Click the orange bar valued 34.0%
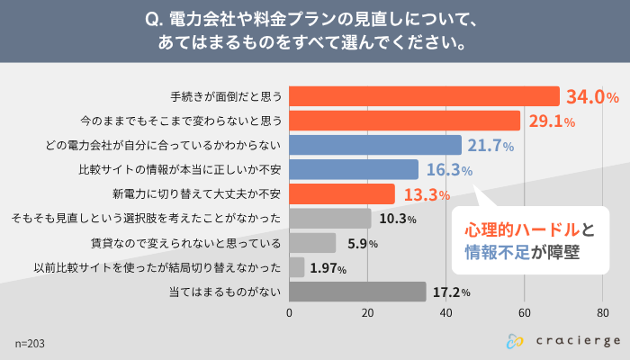[x=423, y=96]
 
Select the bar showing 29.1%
[x=404, y=121]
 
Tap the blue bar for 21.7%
[x=374, y=145]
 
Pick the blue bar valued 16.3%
[x=354, y=169]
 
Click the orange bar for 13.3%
[x=341, y=193]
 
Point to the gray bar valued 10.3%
[x=329, y=218]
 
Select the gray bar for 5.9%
[x=312, y=242]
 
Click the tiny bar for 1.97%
[x=296, y=266]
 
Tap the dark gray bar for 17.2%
[x=357, y=291]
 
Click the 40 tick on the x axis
[x=445, y=312]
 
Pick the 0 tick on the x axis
[x=289, y=312]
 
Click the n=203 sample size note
[x=30, y=343]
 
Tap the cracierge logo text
[x=574, y=341]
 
